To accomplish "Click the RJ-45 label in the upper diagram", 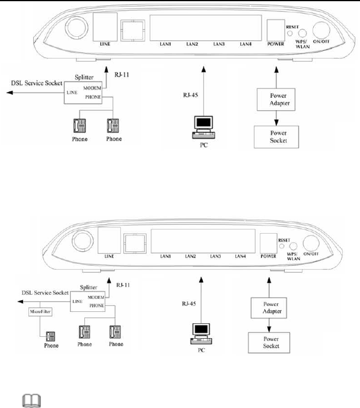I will pos(192,93).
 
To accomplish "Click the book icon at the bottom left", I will pos(27,401).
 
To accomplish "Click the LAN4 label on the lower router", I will pos(240,256).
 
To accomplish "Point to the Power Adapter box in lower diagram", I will pos(265,310).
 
